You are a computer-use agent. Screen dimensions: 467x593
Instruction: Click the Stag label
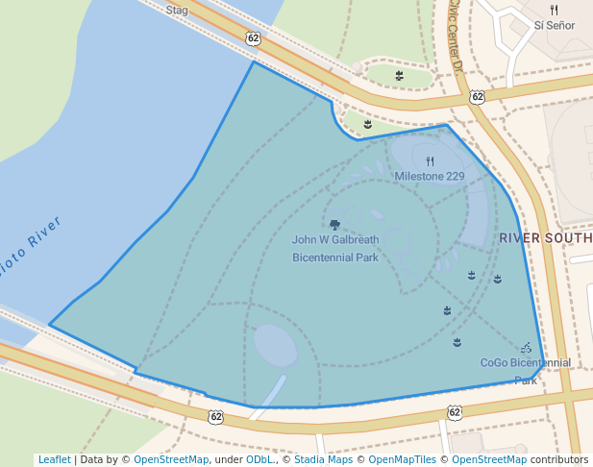click(177, 11)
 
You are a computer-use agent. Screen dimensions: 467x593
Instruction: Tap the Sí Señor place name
click(555, 26)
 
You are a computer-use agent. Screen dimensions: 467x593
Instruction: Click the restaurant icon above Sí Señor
click(555, 10)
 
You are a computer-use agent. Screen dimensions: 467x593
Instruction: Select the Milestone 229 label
click(430, 177)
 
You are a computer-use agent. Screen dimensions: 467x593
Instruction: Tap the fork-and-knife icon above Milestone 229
click(430, 161)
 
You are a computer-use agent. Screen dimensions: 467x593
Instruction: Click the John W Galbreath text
click(335, 240)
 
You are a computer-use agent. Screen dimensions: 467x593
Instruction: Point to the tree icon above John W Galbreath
click(334, 225)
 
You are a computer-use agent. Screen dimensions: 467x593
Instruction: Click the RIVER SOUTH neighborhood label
click(545, 237)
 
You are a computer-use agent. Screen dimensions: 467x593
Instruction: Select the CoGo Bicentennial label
click(525, 363)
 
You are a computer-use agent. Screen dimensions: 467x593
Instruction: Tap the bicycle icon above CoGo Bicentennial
click(526, 348)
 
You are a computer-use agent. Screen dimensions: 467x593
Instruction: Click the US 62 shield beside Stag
click(253, 38)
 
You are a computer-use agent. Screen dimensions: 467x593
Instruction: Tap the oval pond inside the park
click(275, 345)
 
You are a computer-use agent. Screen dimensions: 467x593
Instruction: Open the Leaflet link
click(54, 459)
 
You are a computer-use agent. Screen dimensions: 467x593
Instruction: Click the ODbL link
click(260, 459)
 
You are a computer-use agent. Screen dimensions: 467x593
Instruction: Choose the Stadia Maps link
click(323, 459)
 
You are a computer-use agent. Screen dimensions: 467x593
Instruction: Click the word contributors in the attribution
click(557, 459)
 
